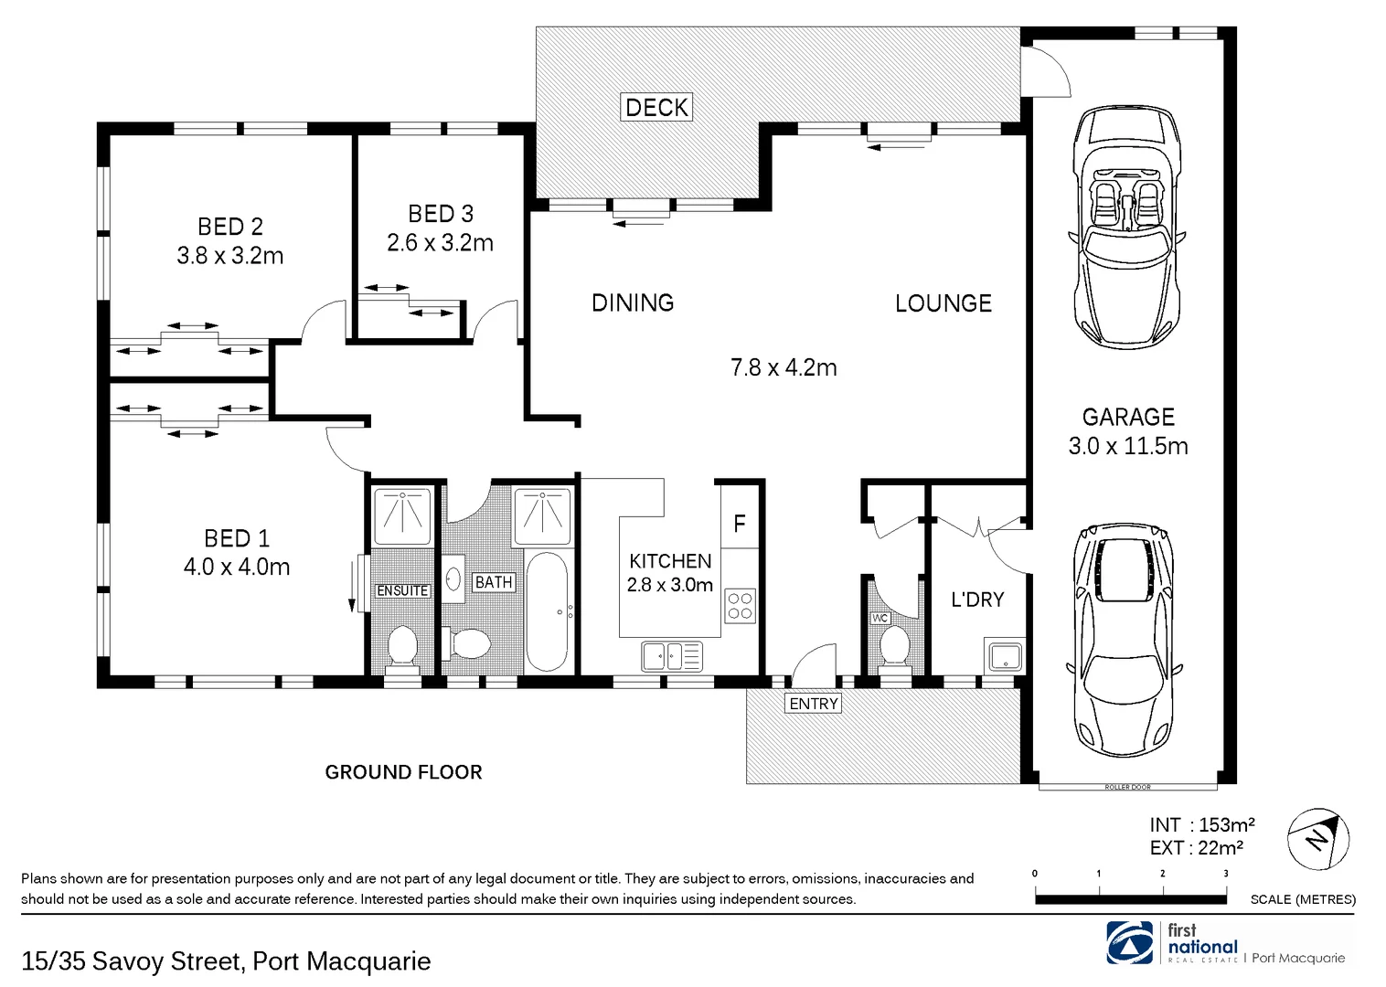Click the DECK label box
[656, 107]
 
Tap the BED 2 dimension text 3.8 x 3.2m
[230, 256]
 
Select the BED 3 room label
[441, 214]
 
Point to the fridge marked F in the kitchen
[740, 524]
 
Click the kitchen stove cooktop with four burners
[740, 606]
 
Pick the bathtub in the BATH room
[550, 610]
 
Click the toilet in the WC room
[892, 648]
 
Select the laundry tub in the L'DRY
[1006, 655]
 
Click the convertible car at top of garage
[1127, 228]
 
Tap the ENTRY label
[813, 703]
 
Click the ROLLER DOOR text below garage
[1127, 787]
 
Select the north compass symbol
[1317, 839]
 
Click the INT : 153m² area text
[1201, 825]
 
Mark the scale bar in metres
[1130, 899]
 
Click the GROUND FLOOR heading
[403, 772]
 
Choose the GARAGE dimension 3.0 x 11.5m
[1128, 446]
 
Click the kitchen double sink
[672, 655]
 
